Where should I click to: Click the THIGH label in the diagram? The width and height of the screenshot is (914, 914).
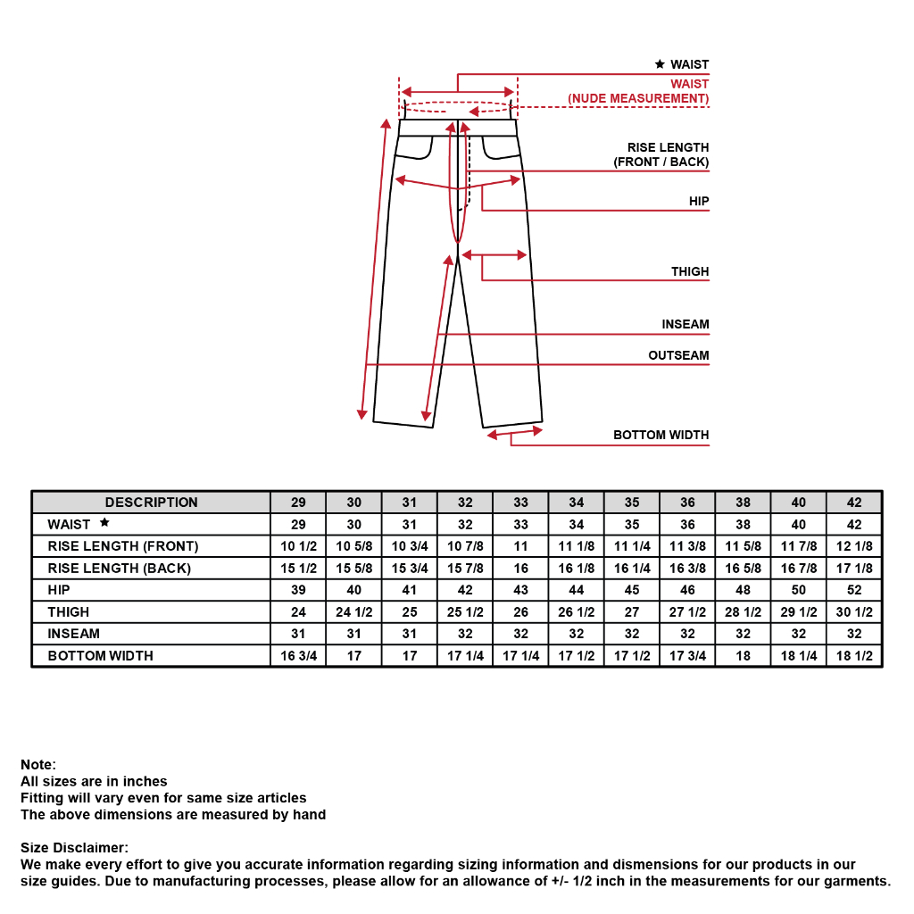(690, 271)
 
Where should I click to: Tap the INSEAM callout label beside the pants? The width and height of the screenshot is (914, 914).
(685, 325)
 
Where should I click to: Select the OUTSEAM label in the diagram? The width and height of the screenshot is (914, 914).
(678, 355)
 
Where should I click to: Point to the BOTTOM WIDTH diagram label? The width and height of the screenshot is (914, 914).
(661, 435)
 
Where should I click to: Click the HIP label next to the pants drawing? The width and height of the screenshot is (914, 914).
(699, 202)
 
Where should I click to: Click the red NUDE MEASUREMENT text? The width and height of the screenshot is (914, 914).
(638, 98)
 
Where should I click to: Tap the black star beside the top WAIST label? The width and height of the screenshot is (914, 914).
(660, 64)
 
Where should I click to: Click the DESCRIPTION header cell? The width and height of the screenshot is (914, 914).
(151, 503)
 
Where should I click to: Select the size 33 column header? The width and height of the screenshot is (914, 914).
(520, 503)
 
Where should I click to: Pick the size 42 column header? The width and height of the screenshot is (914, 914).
(854, 503)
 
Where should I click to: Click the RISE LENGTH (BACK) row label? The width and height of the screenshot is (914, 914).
(120, 569)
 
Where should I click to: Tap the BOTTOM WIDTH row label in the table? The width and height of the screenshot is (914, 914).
(101, 656)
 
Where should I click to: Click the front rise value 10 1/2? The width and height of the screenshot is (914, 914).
(298, 546)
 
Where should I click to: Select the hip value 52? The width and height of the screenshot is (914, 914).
(854, 590)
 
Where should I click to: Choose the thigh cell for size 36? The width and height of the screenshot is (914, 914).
(687, 612)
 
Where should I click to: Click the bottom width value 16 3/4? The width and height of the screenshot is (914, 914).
(298, 656)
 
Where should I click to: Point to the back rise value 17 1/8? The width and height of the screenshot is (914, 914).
(854, 569)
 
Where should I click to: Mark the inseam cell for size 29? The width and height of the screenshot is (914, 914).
(298, 634)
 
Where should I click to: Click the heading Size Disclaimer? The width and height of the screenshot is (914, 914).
(74, 847)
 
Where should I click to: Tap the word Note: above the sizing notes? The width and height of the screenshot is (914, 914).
(38, 765)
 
